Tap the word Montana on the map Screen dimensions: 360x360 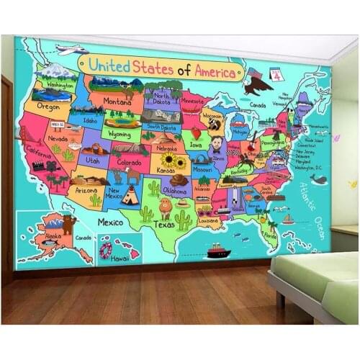click(x=117, y=102)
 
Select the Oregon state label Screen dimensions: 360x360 click(x=48, y=106)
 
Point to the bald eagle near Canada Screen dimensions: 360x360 click(x=256, y=84)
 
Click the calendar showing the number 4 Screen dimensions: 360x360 click(x=276, y=75)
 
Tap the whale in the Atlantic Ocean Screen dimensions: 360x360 click(x=317, y=180)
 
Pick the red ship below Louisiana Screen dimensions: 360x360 click(x=217, y=251)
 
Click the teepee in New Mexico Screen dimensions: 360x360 click(x=130, y=196)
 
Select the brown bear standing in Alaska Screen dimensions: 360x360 click(x=68, y=224)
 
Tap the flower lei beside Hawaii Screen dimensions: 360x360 click(x=107, y=250)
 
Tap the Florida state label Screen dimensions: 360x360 click(x=270, y=234)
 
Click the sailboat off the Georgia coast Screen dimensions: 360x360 click(x=288, y=218)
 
